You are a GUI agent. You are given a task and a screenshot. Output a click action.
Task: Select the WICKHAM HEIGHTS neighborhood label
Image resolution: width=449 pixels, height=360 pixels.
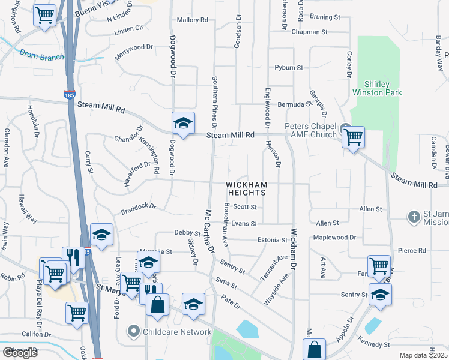pyautogui.click(x=246, y=188)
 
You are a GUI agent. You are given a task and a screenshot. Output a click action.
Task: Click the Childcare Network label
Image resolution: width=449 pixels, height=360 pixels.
pyautogui.click(x=178, y=332)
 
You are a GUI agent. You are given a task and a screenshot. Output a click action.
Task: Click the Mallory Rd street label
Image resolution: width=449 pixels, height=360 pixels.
pyautogui.click(x=192, y=20)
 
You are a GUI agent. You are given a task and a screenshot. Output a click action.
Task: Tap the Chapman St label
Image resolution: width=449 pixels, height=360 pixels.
pyautogui.click(x=310, y=32)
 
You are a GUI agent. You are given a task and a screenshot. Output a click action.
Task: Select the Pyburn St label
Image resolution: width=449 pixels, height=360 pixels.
pyautogui.click(x=289, y=68)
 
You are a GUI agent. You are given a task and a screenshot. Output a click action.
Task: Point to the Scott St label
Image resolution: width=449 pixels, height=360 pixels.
pyautogui.click(x=245, y=207)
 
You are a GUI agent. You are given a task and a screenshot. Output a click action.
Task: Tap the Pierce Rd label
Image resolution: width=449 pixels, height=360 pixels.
pyautogui.click(x=412, y=250)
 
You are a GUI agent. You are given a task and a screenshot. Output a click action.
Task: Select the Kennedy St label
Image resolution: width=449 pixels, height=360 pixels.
pyautogui.click(x=373, y=344)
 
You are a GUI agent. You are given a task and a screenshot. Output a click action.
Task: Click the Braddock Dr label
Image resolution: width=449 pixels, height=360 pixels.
pyautogui.click(x=138, y=209)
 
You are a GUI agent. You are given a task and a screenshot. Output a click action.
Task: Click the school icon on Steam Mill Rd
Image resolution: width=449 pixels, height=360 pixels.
pyautogui.click(x=183, y=124)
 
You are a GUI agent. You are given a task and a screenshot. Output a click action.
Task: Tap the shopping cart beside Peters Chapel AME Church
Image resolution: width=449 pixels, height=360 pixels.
pyautogui.click(x=353, y=137)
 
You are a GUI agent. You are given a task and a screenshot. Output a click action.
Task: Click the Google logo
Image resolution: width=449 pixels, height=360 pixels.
pyautogui.click(x=20, y=352)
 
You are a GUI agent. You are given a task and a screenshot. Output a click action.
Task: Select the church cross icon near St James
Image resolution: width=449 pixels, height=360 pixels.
pyautogui.click(x=414, y=217)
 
